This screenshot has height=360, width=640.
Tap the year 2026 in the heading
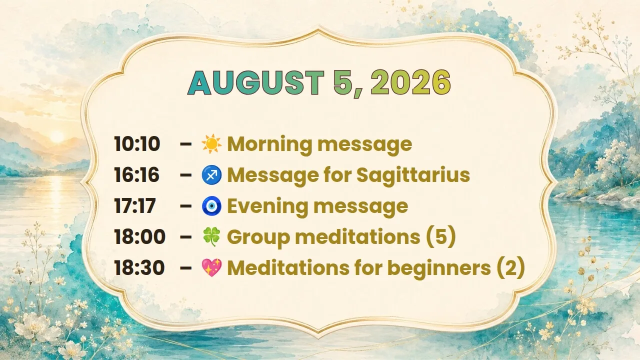(x=411, y=82)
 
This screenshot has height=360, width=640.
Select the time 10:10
(x=137, y=143)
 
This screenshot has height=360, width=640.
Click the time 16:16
(x=136, y=174)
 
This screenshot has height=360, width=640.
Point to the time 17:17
(x=135, y=205)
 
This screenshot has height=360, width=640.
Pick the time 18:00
(x=139, y=236)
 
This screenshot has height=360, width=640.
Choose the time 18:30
(x=139, y=267)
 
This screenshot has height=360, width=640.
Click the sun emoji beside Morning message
(x=211, y=143)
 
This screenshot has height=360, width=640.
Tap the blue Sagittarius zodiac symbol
(x=211, y=174)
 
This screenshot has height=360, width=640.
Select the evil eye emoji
(x=211, y=205)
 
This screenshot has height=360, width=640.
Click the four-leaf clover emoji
(x=211, y=236)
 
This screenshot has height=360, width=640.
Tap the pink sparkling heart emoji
(x=211, y=267)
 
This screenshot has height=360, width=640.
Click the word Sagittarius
(x=413, y=175)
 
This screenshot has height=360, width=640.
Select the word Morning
(x=269, y=144)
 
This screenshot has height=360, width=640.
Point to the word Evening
(x=267, y=206)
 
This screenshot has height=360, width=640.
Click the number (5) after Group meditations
(x=441, y=237)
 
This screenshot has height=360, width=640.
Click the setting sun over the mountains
(x=57, y=136)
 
